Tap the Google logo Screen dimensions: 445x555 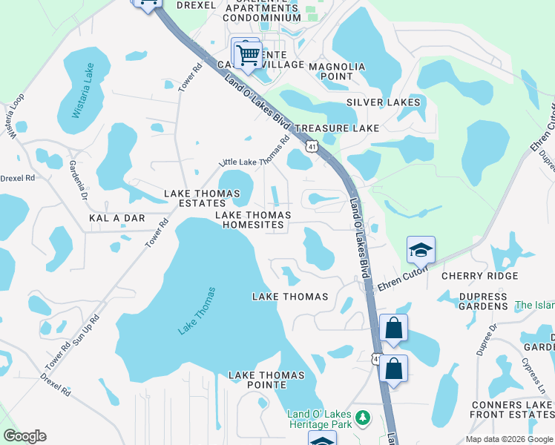(x=24, y=436)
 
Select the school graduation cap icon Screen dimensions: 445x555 (x=421, y=252)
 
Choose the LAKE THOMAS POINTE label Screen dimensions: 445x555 (x=266, y=380)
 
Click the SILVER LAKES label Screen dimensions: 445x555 (x=383, y=102)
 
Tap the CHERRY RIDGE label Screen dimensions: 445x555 (x=479, y=276)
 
